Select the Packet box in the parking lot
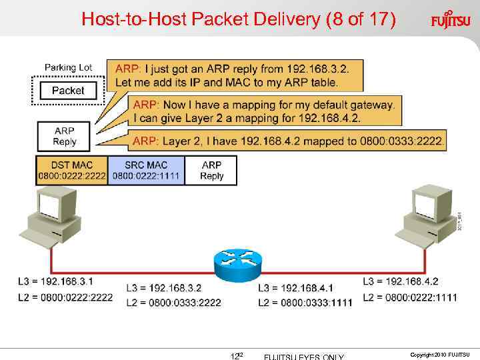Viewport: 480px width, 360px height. click(67, 91)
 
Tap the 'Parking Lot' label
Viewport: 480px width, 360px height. click(68, 67)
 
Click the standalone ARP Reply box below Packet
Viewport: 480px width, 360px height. click(65, 136)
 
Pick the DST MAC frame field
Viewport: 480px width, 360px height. click(71, 171)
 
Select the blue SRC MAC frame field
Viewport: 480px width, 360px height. click(145, 171)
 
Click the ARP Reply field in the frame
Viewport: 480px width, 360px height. click(211, 171)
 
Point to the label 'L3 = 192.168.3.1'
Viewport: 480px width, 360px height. click(56, 281)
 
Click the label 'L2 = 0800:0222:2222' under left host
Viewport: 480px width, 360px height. click(65, 297)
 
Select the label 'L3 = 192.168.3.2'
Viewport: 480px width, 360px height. click(163, 288)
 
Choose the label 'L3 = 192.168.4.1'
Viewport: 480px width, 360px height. click(295, 288)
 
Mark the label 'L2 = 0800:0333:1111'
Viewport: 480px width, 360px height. click(305, 303)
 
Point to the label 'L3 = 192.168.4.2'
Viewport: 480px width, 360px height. click(401, 281)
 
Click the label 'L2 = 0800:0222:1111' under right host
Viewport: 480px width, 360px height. click(410, 297)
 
